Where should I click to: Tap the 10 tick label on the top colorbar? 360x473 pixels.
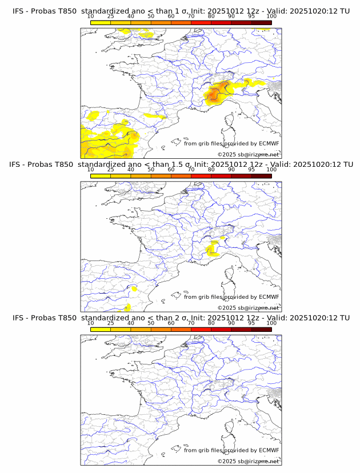tap(90, 17)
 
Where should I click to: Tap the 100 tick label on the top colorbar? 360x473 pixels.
tap(271, 17)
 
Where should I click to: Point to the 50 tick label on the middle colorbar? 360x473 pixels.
tap(151, 170)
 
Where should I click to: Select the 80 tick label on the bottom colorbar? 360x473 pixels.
tap(211, 323)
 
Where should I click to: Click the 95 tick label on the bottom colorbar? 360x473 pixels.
tap(251, 323)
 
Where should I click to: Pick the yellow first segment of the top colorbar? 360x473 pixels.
tap(101, 22)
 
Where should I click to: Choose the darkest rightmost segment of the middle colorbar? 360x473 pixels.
tap(261, 175)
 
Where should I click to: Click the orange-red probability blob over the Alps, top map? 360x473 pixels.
tap(216, 93)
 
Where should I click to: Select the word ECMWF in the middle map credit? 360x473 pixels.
tap(269, 297)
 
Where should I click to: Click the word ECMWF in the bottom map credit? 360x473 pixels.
tap(269, 450)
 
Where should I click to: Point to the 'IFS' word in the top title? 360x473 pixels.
tap(18, 11)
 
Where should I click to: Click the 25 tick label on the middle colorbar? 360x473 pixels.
tap(110, 170)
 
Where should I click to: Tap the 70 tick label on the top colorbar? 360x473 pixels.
tap(191, 17)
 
